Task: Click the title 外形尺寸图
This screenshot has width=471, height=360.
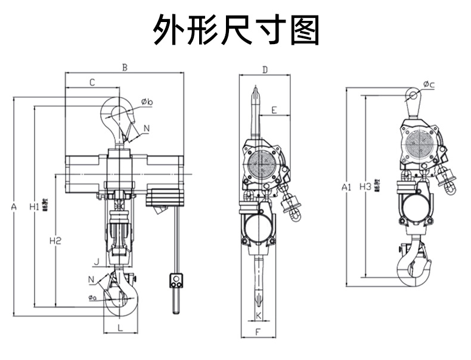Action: (235, 30)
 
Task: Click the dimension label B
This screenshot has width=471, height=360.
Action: (125, 67)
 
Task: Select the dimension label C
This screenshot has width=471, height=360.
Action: (92, 82)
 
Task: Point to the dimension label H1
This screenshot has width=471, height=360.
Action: (35, 207)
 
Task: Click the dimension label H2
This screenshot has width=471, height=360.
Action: (55, 241)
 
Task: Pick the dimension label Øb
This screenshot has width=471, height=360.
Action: (147, 103)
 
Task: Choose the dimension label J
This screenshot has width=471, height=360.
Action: (96, 260)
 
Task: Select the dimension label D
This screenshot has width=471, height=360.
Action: (265, 70)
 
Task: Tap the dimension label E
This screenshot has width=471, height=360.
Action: (274, 110)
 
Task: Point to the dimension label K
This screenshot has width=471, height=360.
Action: (259, 314)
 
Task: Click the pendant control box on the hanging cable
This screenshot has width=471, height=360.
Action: (176, 280)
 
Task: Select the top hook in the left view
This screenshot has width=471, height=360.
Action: (116, 119)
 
